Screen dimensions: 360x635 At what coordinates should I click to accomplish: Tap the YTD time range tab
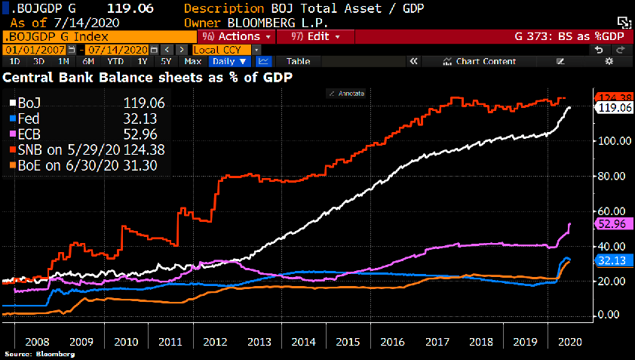[115, 61]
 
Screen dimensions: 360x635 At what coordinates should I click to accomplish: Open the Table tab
[298, 61]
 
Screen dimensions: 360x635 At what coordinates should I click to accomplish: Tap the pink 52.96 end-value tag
[613, 223]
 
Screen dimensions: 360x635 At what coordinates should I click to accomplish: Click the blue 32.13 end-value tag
[613, 260]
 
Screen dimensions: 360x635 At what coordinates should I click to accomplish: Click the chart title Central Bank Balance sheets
[148, 78]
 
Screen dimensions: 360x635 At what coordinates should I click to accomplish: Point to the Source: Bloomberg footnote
[39, 353]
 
